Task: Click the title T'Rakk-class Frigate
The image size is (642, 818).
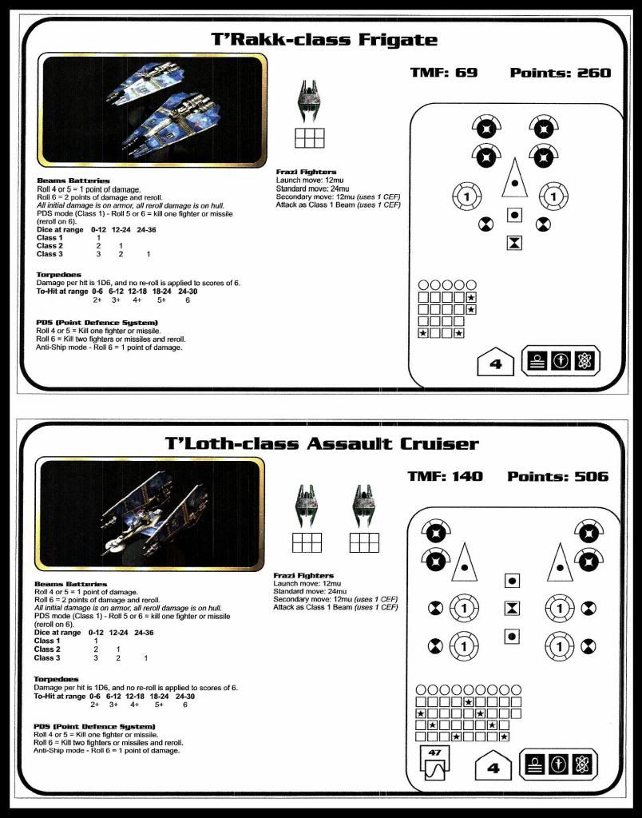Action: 324,40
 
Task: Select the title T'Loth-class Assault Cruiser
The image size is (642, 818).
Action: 322,444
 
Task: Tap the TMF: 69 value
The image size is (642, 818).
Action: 443,73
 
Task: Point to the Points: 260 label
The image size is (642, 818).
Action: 560,73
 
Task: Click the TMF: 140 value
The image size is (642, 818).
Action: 445,477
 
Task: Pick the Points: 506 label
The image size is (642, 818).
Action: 557,477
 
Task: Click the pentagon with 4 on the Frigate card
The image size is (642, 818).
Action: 495,363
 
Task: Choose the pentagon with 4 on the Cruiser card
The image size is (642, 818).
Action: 493,768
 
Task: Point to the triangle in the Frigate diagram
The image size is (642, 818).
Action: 515,177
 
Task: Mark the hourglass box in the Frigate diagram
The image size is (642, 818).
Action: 515,242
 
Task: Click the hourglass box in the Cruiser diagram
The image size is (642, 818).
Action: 512,609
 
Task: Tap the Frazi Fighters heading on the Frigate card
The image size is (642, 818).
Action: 306,172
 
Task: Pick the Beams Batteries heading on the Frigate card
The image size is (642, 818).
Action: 73,181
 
